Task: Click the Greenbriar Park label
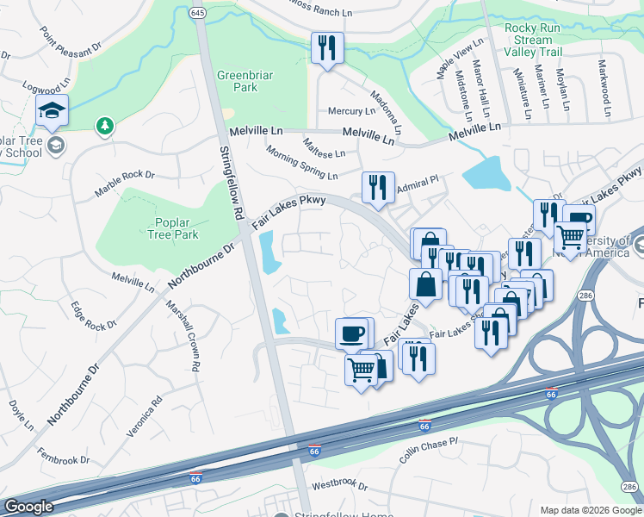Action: click(238, 81)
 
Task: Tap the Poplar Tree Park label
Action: click(172, 228)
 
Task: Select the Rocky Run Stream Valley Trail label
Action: click(534, 40)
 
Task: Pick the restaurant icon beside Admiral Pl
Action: click(378, 187)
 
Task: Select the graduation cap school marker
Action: click(52, 110)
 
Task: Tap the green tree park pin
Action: click(105, 127)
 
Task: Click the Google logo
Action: click(28, 507)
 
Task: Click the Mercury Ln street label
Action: click(351, 111)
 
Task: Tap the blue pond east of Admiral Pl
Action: click(486, 173)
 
